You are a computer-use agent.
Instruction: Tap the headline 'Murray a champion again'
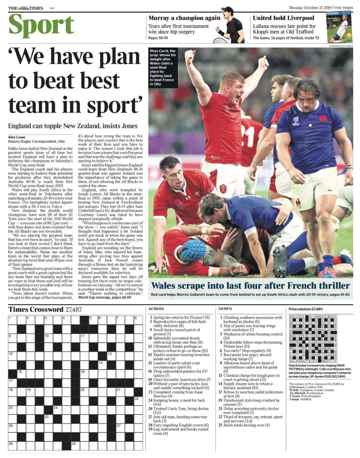(x=184, y=18)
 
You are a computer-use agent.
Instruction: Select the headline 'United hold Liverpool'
(x=283, y=18)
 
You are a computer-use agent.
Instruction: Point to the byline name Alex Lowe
(x=17, y=137)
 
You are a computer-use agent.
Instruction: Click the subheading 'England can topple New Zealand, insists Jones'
(x=73, y=126)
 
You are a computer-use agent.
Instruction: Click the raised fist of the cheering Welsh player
(x=189, y=56)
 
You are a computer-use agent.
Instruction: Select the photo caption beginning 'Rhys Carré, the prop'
(x=162, y=68)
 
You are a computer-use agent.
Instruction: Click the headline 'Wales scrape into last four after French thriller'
(x=251, y=285)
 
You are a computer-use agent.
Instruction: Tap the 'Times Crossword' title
(x=36, y=309)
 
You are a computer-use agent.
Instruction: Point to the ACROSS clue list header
(x=156, y=308)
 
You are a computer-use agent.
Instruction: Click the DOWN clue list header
(x=225, y=308)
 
